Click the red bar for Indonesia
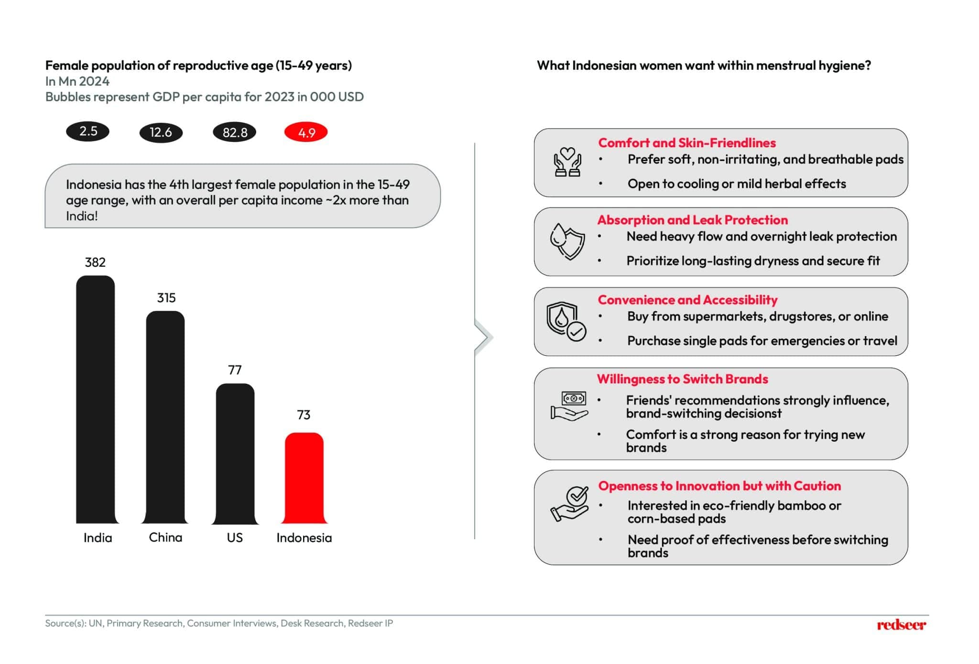point(304,478)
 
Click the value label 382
point(95,262)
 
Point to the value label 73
point(304,414)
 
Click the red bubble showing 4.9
point(306,132)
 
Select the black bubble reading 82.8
point(235,132)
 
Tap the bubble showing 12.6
point(161,132)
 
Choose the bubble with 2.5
point(88,131)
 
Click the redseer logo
point(901,624)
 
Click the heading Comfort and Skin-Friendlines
point(686,143)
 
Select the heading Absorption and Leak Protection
point(692,220)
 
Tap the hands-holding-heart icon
point(567,163)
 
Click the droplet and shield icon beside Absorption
point(567,241)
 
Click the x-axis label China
point(165,537)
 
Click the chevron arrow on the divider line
point(484,337)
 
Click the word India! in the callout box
point(82,216)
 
